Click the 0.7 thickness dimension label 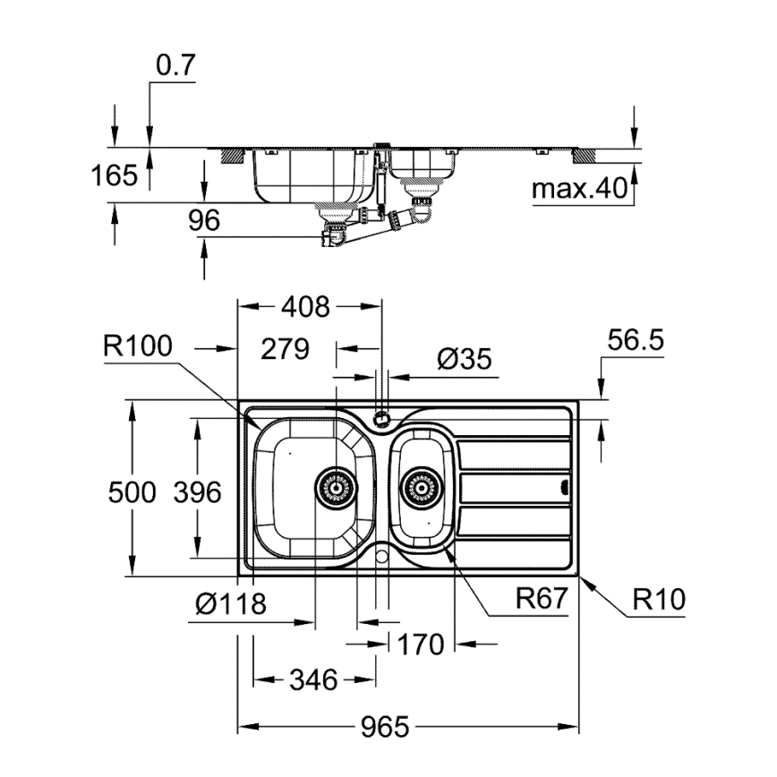175,66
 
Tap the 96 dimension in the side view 204,221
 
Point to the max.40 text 579,189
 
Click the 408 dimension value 306,307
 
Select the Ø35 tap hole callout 465,359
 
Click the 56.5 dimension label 636,340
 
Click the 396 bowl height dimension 196,491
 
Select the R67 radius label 542,598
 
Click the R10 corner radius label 659,598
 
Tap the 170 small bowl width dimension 421,644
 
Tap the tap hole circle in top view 382,416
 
